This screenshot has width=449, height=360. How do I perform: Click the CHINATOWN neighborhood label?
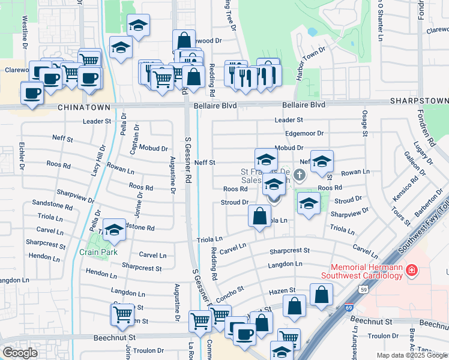pos(84,107)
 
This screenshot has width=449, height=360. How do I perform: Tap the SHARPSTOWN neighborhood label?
pos(419,101)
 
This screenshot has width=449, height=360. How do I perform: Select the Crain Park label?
pos(98,252)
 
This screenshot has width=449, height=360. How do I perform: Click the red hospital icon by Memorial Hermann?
pos(412,271)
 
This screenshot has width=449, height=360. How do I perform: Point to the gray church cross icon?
pos(300,175)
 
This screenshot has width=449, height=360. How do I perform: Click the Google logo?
pos(20,353)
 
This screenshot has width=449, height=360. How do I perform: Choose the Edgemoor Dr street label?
pos(304,133)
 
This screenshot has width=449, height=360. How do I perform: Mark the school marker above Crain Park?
pos(114,230)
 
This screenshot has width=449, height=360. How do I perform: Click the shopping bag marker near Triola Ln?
pos(259,217)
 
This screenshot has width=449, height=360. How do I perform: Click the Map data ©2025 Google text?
pos(412,355)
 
